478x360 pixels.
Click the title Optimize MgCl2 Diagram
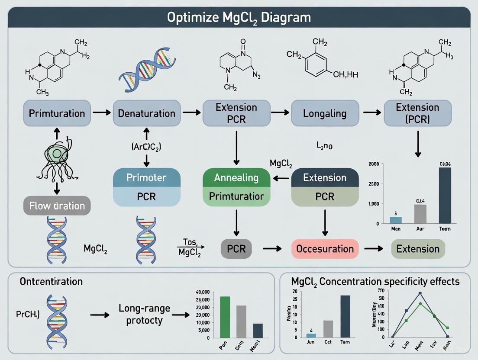[x=239, y=17]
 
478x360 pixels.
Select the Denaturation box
[x=147, y=113]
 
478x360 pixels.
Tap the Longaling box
[x=325, y=113]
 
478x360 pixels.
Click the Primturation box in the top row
[x=57, y=113]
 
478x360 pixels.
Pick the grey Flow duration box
[x=57, y=206]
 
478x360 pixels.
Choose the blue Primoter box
[x=146, y=177]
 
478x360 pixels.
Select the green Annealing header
[x=236, y=177]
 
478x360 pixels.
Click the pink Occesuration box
[x=325, y=249]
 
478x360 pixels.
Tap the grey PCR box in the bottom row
[x=236, y=249]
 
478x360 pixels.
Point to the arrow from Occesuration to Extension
[x=373, y=249]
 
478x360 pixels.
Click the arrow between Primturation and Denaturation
[x=102, y=113]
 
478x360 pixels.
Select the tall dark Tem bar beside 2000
[x=445, y=195]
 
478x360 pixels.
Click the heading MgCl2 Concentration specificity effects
[x=375, y=282]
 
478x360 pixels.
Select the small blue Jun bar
[x=311, y=335]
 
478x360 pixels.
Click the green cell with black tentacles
[x=57, y=155]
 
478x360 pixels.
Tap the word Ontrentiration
[x=51, y=282]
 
